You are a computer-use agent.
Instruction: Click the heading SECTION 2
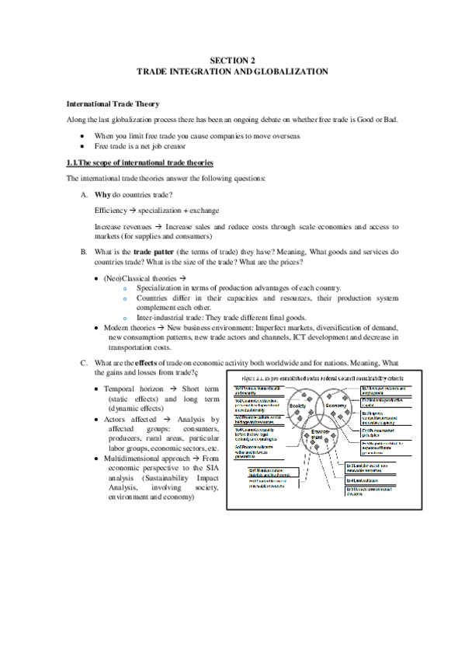coord(232,60)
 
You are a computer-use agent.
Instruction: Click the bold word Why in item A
coord(102,194)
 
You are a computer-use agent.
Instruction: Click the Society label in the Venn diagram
coord(298,406)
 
